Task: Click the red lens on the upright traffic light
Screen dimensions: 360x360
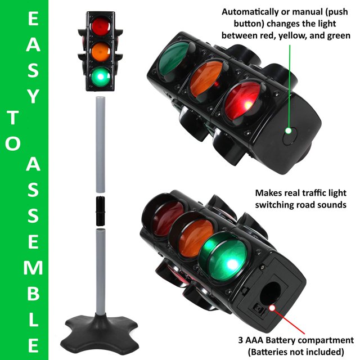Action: click(x=101, y=26)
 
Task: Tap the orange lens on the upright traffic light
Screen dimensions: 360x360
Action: click(x=101, y=52)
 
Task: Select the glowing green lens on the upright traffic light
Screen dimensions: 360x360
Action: click(x=101, y=76)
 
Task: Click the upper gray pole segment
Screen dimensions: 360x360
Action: click(x=100, y=145)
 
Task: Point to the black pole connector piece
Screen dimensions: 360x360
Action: click(x=100, y=211)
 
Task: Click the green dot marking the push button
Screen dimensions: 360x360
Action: click(x=289, y=131)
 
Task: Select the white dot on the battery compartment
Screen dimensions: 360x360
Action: click(x=272, y=308)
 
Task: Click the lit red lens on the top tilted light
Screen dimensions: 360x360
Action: click(x=244, y=101)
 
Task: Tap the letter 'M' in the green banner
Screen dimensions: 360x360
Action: click(x=33, y=268)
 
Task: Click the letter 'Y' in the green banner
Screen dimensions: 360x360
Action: click(x=33, y=96)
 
